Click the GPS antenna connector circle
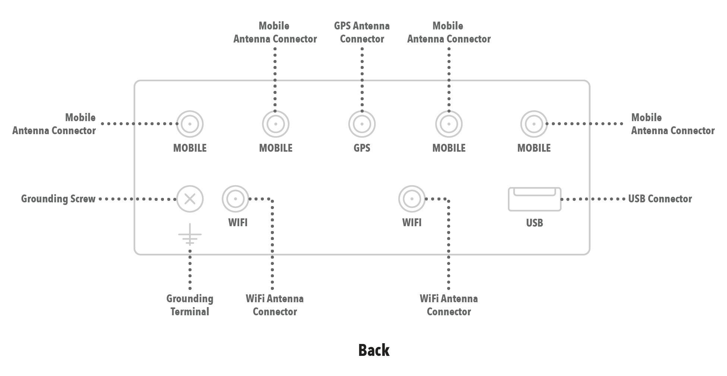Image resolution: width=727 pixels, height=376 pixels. (x=362, y=124)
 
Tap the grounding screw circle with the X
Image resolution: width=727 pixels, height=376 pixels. (x=190, y=199)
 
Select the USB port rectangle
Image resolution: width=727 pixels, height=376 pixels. (x=534, y=199)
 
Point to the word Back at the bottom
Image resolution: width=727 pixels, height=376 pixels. (x=374, y=350)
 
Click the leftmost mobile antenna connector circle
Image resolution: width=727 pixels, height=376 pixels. (x=190, y=124)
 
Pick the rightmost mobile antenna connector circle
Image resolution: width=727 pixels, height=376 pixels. (x=534, y=124)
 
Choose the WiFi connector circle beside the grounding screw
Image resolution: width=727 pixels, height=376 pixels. (x=236, y=199)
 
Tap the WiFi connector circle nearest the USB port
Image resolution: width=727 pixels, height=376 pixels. (x=412, y=199)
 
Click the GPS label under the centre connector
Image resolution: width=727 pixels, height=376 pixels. (x=362, y=148)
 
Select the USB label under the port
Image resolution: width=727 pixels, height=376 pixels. (x=534, y=223)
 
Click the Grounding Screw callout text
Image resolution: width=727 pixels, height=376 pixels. (x=59, y=199)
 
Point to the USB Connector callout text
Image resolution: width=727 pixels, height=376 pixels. (x=660, y=199)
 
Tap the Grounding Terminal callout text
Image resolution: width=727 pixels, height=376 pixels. (x=190, y=305)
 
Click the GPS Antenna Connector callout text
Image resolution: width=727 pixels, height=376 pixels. (x=362, y=32)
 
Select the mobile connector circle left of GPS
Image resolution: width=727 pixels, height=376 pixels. (x=276, y=124)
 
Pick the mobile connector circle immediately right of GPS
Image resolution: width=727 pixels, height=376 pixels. (x=449, y=124)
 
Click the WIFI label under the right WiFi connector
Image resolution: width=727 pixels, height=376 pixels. (x=412, y=223)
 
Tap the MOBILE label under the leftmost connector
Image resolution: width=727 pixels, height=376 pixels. (x=190, y=148)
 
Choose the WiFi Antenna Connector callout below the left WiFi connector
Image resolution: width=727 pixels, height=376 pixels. (x=275, y=305)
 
